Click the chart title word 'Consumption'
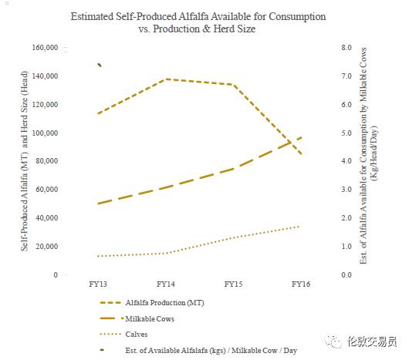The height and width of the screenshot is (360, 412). pyautogui.click(x=297, y=17)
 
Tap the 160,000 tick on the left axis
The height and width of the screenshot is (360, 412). pyautogui.click(x=45, y=48)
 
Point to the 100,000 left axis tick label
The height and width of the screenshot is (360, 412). pyautogui.click(x=45, y=133)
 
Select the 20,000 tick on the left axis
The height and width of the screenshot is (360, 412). pyautogui.click(x=47, y=247)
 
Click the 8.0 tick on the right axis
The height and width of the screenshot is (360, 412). pyautogui.click(x=346, y=48)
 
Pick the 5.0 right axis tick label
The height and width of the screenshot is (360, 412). pyautogui.click(x=346, y=133)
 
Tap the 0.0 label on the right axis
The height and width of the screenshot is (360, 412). pyautogui.click(x=346, y=275)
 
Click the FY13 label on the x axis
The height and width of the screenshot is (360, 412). pyautogui.click(x=98, y=284)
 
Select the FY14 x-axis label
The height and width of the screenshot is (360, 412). pyautogui.click(x=166, y=284)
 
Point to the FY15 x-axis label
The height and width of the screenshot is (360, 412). pyautogui.click(x=233, y=284)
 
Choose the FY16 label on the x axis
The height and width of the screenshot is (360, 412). pyautogui.click(x=301, y=284)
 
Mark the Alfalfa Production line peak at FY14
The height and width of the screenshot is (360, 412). pyautogui.click(x=166, y=79)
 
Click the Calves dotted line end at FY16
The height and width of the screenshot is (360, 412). pyautogui.click(x=299, y=226)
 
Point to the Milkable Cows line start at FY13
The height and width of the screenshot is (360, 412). pyautogui.click(x=98, y=204)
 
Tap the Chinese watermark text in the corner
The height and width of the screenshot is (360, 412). pyautogui.click(x=372, y=341)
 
